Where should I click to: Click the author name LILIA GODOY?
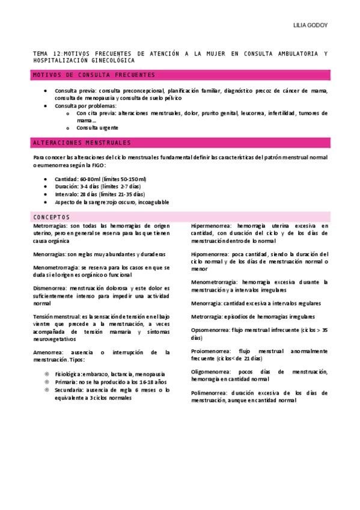point(310,26)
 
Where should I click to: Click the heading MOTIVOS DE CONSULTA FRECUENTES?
point(94,75)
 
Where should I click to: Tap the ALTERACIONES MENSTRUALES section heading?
point(82,143)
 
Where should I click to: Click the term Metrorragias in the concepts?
point(50,225)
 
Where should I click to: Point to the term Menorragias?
point(50,254)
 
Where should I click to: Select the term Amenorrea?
point(48,352)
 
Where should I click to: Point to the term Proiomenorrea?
point(210,351)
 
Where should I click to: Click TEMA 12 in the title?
point(47,54)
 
